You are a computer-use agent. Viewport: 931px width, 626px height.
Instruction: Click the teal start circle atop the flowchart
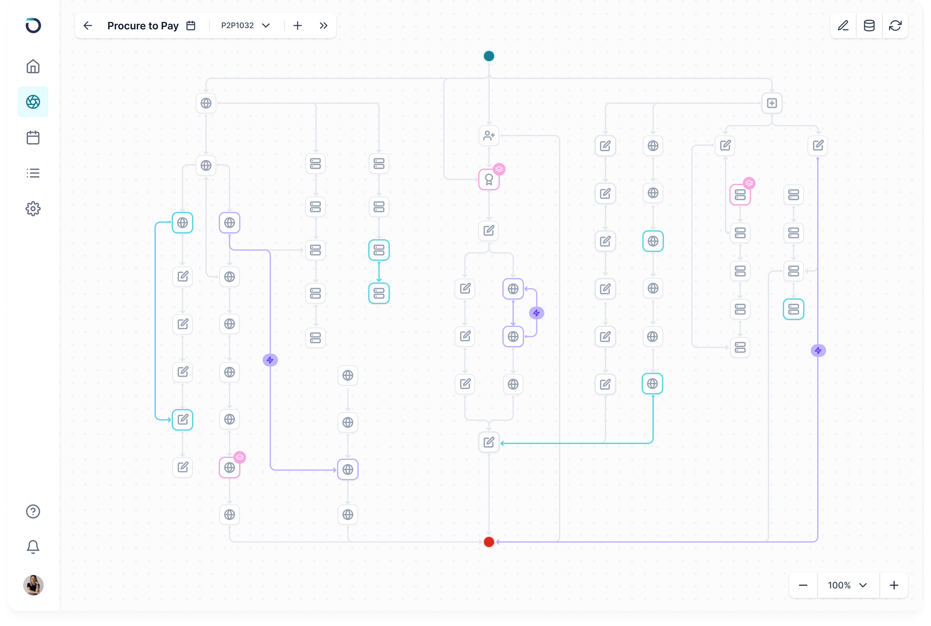(x=489, y=56)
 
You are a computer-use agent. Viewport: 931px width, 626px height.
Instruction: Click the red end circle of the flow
(x=489, y=542)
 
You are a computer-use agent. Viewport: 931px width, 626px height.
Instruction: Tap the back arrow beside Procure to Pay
(x=88, y=26)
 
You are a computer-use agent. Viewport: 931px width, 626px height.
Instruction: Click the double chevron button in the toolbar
(x=323, y=26)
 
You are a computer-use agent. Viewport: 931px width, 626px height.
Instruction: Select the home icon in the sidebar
(x=33, y=66)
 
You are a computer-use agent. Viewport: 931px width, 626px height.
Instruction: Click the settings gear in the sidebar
(x=33, y=208)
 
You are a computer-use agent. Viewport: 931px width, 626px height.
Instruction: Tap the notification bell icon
(x=33, y=546)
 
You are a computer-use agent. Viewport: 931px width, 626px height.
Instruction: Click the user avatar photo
(x=33, y=585)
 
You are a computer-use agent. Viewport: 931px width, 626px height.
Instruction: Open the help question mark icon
(x=33, y=511)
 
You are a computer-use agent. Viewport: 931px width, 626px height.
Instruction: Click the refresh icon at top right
(x=895, y=26)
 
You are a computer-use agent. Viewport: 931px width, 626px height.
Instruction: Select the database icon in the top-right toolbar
(x=869, y=26)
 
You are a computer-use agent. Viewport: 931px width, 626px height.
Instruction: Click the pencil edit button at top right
(x=843, y=26)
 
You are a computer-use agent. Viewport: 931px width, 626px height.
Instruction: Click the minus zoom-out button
(x=803, y=585)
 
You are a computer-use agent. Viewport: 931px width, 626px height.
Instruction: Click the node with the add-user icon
(x=489, y=136)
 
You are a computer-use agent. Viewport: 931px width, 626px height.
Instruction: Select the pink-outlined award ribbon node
(x=489, y=180)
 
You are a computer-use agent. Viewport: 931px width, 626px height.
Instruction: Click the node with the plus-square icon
(x=772, y=103)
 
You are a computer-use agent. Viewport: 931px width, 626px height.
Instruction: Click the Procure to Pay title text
(x=143, y=26)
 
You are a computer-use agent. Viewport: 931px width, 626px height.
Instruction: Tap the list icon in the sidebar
(x=33, y=173)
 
